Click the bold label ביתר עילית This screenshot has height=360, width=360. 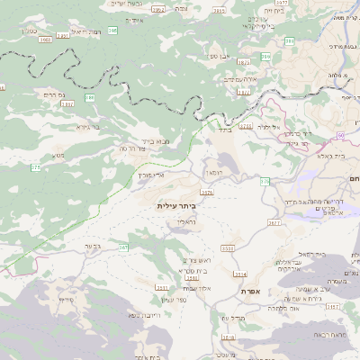click(x=175, y=205)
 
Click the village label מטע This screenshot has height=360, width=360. click(x=58, y=155)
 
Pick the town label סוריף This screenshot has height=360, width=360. click(x=66, y=298)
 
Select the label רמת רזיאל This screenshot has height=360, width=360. click(x=85, y=31)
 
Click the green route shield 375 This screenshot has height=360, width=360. click(x=35, y=167)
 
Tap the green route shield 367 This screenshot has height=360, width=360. click(x=124, y=247)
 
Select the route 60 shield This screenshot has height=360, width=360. click(x=341, y=135)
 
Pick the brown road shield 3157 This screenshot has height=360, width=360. click(x=332, y=306)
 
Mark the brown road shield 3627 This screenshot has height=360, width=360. click(x=274, y=220)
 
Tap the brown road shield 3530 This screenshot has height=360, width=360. click(x=227, y=247)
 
